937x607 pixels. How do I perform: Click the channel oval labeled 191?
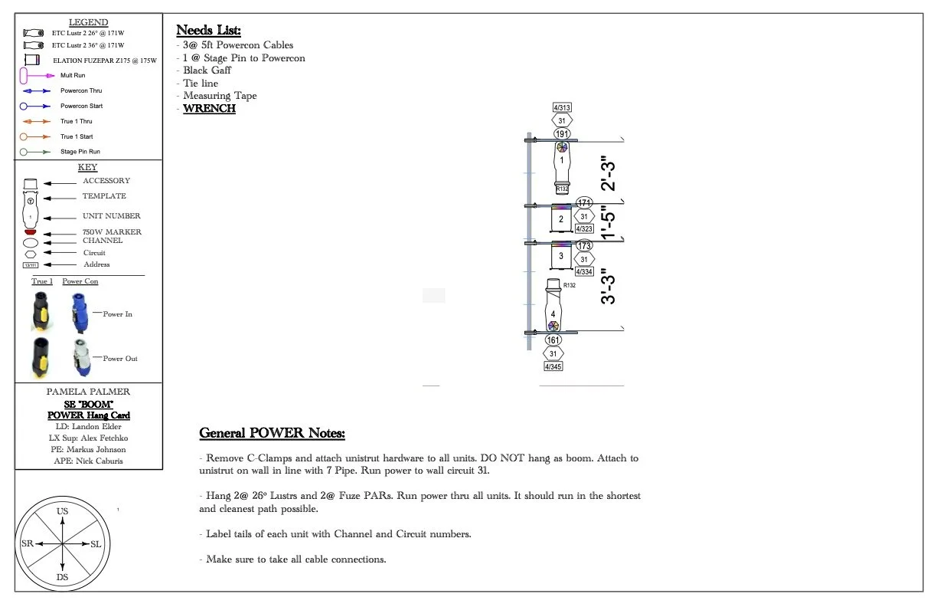(562, 133)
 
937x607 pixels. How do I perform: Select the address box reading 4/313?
(562, 107)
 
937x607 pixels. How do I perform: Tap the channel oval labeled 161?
(553, 340)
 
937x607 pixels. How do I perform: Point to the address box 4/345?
(553, 367)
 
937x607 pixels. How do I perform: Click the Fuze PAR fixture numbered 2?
(561, 220)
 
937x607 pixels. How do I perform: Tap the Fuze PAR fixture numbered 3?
(561, 256)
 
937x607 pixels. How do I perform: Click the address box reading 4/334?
(584, 271)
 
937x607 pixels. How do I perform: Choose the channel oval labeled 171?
(584, 203)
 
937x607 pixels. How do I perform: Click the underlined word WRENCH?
(209, 109)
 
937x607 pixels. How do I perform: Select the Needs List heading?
(208, 31)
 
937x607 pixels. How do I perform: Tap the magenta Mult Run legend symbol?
(24, 75)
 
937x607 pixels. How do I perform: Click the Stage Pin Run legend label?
(80, 152)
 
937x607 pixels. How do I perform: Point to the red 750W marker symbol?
(31, 231)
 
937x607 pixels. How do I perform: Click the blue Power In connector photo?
(79, 313)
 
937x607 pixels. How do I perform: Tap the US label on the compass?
(63, 510)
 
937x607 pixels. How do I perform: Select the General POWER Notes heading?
(272, 434)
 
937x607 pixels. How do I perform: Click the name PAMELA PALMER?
(89, 392)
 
